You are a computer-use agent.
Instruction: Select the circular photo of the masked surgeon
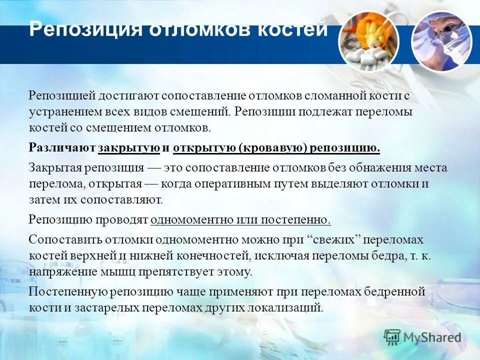441,41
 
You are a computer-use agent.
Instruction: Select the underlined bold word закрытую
129,148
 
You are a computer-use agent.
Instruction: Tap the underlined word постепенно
297,219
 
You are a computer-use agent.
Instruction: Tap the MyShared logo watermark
422,337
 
